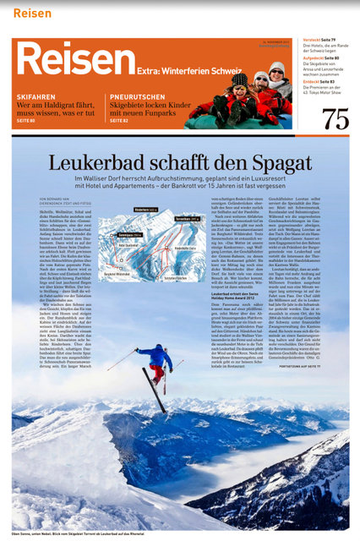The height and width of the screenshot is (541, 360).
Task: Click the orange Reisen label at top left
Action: point(32,13)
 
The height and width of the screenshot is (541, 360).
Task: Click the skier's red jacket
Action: point(155,355)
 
